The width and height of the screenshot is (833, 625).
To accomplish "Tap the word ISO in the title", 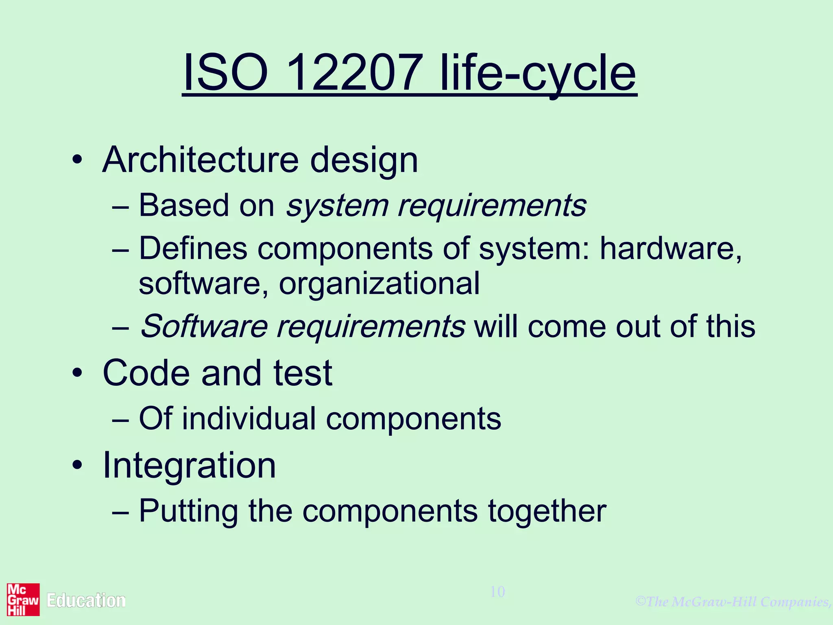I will [x=226, y=73].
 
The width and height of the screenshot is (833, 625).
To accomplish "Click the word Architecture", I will [x=201, y=160].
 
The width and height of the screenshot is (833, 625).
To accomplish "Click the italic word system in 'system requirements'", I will [x=337, y=206].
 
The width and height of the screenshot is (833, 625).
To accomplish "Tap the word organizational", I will [x=379, y=284].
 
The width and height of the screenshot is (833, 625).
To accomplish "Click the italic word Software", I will [x=204, y=326].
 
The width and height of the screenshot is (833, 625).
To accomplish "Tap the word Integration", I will [x=189, y=465].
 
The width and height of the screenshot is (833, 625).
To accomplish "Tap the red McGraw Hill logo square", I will [x=23, y=599].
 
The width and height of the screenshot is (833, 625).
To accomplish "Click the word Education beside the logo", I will [x=86, y=601].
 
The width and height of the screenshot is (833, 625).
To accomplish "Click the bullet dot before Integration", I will [x=77, y=465].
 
